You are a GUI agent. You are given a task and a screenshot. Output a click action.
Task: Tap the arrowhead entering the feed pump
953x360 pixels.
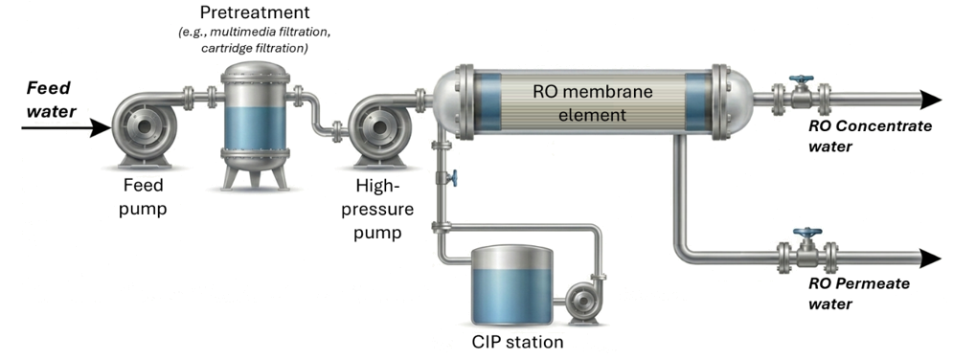click(x=102, y=128)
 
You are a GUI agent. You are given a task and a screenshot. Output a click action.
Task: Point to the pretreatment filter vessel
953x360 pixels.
click(x=255, y=125)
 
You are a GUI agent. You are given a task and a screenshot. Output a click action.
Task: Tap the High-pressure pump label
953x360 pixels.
click(x=383, y=208)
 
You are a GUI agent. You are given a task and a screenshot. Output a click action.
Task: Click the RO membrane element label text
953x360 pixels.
click(x=592, y=103)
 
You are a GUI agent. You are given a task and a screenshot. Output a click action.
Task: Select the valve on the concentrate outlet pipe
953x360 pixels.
click(x=802, y=93)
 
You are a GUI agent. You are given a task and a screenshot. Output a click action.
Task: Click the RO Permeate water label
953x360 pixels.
click(x=858, y=293)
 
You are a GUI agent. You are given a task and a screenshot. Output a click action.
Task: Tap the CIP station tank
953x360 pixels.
click(x=512, y=284)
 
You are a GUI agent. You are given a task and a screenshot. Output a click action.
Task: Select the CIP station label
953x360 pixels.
click(x=517, y=342)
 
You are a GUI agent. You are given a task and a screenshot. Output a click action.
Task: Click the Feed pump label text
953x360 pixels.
click(x=143, y=196)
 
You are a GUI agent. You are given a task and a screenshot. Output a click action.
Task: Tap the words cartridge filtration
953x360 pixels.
click(x=255, y=48)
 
